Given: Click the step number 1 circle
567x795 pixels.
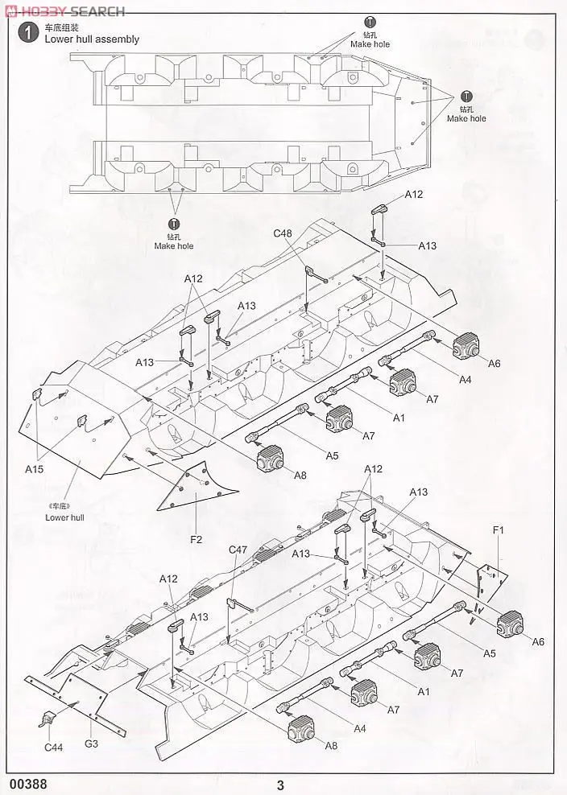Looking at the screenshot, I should coord(29,33).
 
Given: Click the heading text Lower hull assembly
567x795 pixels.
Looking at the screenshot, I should coord(92,39).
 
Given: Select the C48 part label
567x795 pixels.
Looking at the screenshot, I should coord(283,233).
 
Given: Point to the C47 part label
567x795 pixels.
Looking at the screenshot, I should coord(238,550).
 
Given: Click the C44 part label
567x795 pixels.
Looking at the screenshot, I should coord(53,748).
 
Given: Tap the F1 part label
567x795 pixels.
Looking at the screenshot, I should coord(498,530).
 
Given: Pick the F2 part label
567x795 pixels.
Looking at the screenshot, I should coord(196,539).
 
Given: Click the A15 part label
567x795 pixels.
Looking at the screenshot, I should coord(35,468).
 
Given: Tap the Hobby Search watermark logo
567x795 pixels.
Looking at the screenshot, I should coord(64,10).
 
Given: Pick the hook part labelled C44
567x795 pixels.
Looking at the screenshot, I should coord(50,719).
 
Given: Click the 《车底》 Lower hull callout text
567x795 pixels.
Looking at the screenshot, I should coord(64,513).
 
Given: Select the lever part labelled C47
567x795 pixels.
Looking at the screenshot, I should coord(238,602).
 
